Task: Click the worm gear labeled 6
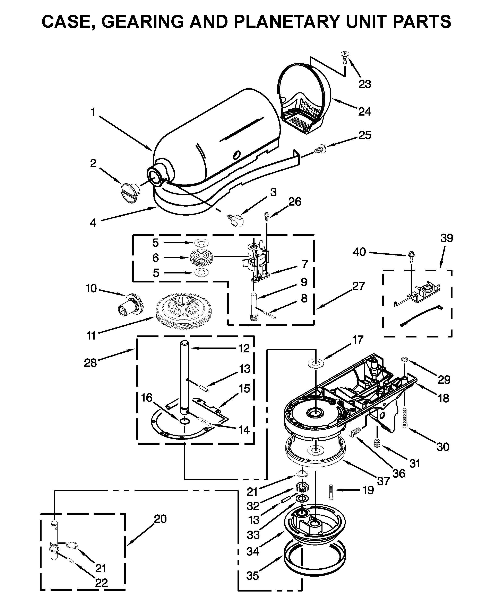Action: pos(201,258)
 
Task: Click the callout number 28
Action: pos(90,362)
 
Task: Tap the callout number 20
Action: pos(160,519)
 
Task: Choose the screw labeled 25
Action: pos(320,149)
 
